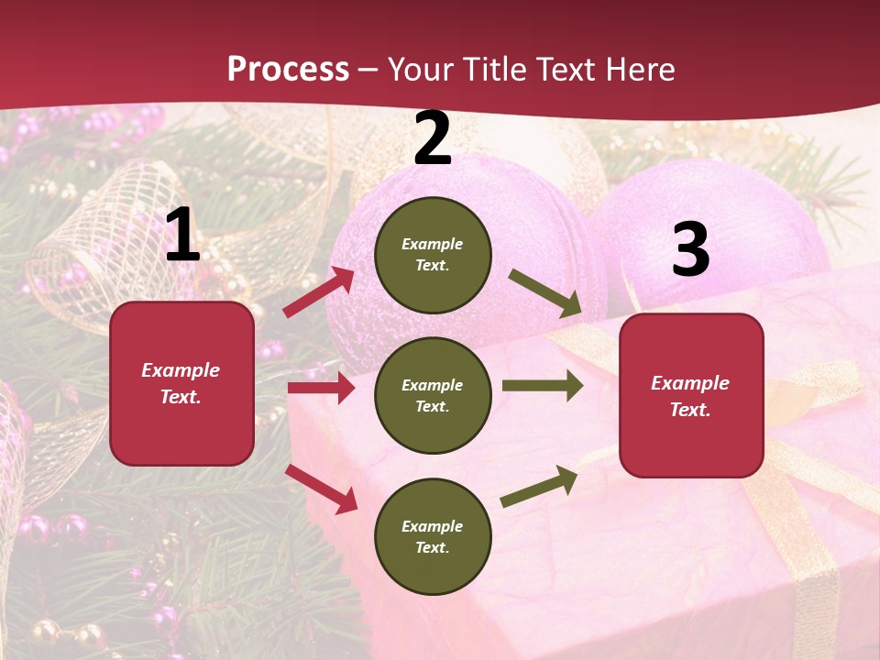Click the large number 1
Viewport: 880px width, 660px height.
(182, 236)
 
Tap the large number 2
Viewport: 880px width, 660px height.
(433, 138)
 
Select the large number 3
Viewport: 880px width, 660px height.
(690, 250)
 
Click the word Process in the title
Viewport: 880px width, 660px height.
(288, 69)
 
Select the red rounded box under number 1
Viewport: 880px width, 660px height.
(181, 383)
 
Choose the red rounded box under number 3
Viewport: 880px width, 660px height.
(691, 396)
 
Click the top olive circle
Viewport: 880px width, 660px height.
(433, 255)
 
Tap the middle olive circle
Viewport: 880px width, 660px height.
(433, 395)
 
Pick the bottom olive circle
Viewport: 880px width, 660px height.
(433, 536)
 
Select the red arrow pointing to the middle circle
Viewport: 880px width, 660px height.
(321, 388)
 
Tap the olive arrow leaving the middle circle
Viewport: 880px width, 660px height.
(542, 386)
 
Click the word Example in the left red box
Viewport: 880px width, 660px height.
(181, 370)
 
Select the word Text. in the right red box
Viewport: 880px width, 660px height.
(690, 410)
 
